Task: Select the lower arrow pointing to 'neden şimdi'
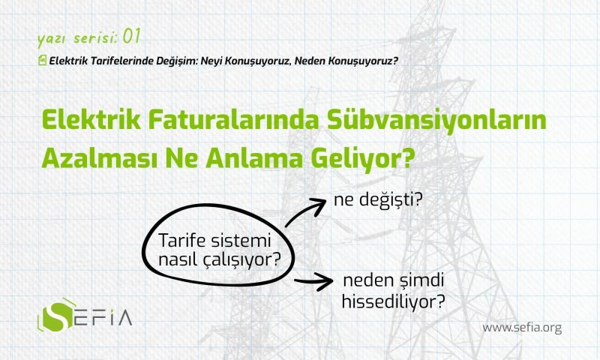tap(313, 281)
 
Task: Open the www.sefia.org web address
tap(522, 328)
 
